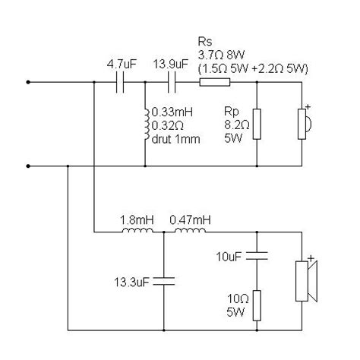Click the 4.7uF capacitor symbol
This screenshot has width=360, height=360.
click(120, 81)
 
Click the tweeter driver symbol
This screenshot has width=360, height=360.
click(303, 122)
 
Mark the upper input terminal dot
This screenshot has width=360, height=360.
click(29, 82)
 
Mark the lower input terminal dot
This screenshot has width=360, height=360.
click(29, 165)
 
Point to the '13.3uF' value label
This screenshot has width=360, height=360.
click(131, 283)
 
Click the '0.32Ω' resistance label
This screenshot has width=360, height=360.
click(166, 128)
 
